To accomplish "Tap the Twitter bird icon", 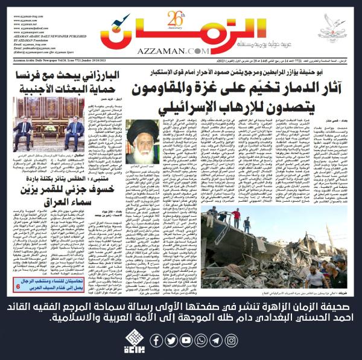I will pyautogui.click(x=171, y=340).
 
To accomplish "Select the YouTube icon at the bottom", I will pyautogui.click(x=186, y=340).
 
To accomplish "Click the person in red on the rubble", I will pyautogui.click(x=235, y=215).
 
